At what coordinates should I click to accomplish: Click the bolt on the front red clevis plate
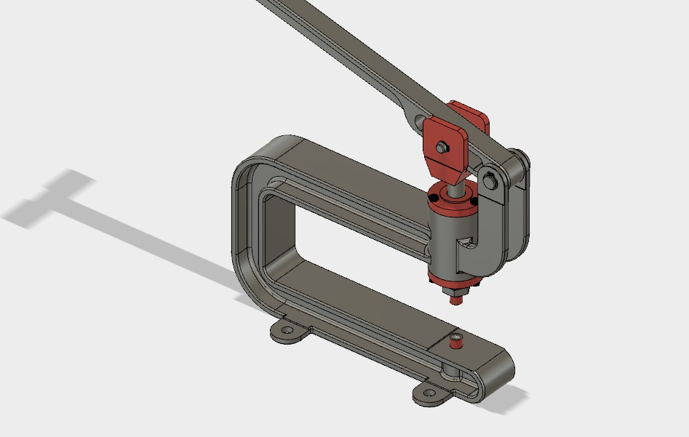tap(441, 148)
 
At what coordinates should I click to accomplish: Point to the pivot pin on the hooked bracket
tap(493, 179)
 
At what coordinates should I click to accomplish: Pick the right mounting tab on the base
tap(432, 394)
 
